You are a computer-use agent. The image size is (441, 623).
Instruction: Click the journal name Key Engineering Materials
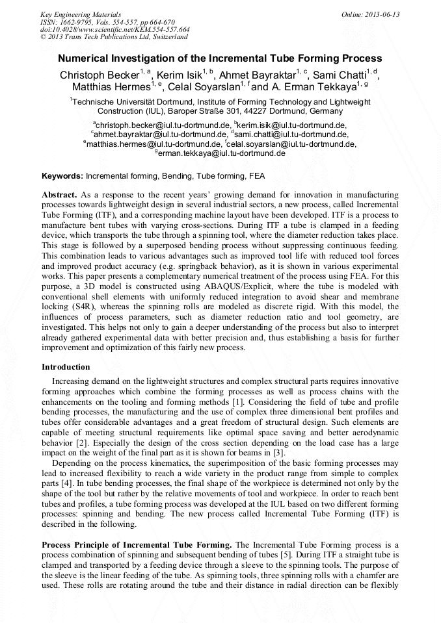click(81, 14)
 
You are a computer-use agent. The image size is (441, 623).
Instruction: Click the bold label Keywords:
click(62, 176)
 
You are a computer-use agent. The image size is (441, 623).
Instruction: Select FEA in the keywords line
click(257, 176)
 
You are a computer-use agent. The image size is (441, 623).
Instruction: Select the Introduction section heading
click(66, 367)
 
